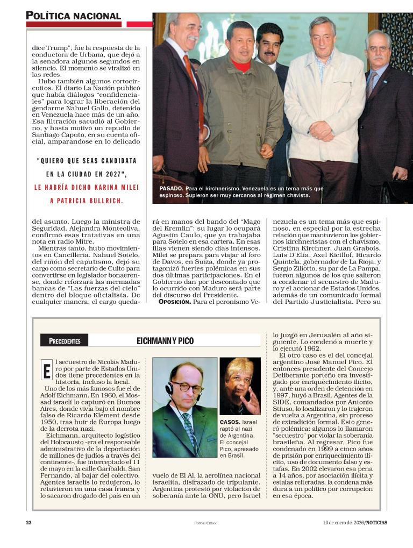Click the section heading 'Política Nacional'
(73, 16)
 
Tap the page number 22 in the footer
(29, 522)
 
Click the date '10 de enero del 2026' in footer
(344, 522)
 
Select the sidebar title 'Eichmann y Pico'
(165, 341)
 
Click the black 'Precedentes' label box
(65, 341)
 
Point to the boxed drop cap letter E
(46, 371)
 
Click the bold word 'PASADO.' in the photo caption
(172, 189)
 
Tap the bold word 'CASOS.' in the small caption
(230, 422)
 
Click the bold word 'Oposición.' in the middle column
(175, 302)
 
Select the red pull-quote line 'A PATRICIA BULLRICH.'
(87, 201)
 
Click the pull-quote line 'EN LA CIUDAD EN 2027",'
(87, 174)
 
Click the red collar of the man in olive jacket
(241, 67)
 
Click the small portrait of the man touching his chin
(240, 386)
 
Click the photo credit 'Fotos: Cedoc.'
(206, 523)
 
